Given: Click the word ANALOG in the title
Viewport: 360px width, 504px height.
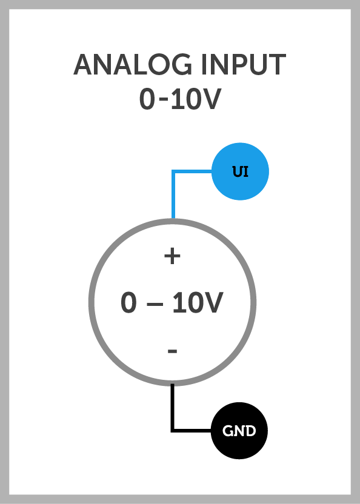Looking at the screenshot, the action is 133,65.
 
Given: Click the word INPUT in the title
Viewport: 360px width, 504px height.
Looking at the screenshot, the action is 244,65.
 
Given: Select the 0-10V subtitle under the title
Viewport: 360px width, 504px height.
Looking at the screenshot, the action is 180,99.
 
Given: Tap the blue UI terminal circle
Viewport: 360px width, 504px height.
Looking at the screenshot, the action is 240,171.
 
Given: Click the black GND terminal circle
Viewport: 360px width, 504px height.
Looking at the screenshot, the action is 239,431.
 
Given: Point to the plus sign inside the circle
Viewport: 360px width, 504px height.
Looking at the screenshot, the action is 173,256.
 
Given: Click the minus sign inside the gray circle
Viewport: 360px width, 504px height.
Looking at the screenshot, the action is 173,351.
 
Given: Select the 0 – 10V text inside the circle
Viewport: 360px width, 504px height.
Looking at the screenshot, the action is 172,302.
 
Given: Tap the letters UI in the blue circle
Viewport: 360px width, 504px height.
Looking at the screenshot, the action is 241,171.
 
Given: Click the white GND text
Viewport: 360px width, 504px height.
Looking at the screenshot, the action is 239,431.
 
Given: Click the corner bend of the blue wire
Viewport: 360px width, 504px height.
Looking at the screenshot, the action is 173,171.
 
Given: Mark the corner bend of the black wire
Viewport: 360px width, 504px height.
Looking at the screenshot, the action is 173,430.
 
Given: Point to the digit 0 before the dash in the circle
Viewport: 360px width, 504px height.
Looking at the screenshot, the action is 128,302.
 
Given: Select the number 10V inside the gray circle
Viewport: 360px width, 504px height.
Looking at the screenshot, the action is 198,302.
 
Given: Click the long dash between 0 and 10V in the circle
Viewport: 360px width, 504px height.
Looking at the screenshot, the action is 155,303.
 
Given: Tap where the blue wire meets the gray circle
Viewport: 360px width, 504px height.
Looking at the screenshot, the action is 173,219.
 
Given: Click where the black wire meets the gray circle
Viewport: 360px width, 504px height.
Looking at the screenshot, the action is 173,384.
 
